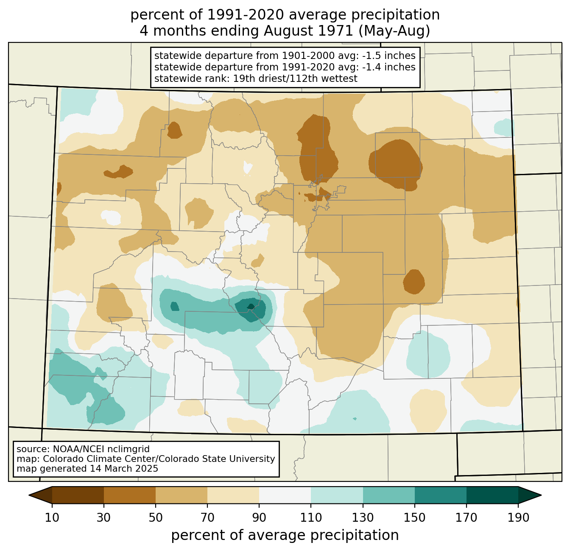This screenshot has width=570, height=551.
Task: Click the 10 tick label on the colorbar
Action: pos(52,517)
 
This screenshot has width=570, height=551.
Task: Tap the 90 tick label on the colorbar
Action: pos(259,517)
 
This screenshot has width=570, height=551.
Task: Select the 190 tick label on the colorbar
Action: pos(518,517)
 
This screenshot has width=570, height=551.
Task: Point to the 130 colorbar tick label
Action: pos(363,517)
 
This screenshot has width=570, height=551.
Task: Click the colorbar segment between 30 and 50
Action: pos(129,495)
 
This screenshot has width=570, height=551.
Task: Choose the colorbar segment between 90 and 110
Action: pos(285,495)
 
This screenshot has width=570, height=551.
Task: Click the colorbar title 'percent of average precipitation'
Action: pos(285,535)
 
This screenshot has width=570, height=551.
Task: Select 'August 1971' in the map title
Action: pos(308,31)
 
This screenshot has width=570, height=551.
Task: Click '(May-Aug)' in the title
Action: pos(394,31)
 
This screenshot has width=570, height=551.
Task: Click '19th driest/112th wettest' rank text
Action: pos(295,78)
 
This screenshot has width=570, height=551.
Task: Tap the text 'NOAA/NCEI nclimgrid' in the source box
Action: pos(101,449)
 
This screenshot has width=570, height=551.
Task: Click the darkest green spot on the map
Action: pos(251,306)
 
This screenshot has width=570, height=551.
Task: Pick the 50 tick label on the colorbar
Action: pos(155,517)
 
